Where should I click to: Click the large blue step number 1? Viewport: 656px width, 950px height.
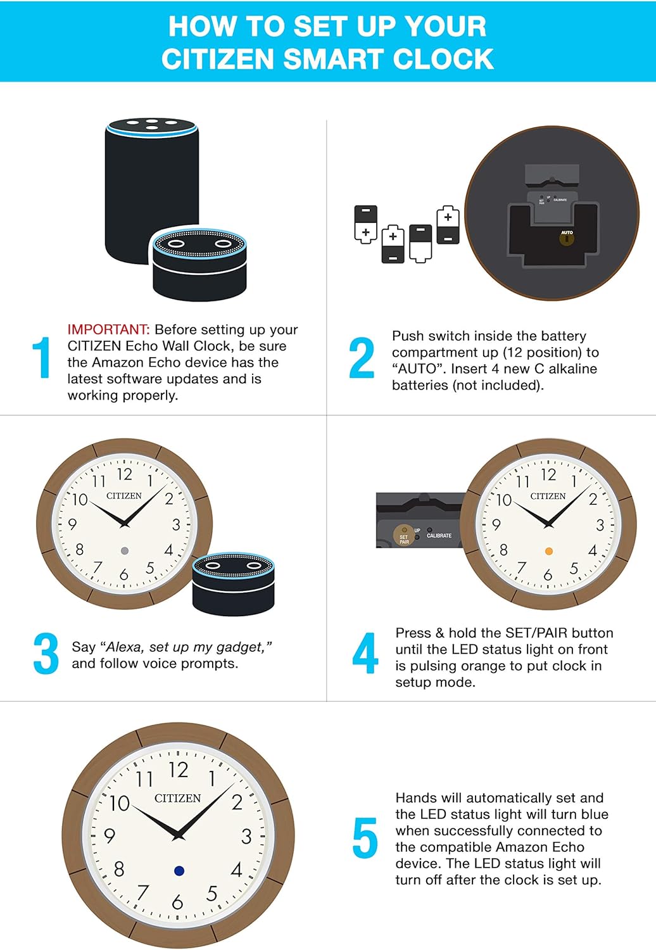coord(42,358)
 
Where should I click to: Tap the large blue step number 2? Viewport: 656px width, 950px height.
coord(362,358)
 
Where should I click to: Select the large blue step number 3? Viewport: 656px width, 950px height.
coord(46,654)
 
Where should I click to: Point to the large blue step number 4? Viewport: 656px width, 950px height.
coord(365,654)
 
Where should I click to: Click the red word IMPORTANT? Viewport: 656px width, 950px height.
coord(108,330)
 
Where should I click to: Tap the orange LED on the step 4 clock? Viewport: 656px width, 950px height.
coord(549,552)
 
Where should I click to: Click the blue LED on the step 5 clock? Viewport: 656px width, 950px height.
coord(179,871)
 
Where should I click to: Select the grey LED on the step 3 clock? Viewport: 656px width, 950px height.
coord(125,551)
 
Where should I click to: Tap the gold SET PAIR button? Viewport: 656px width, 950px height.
coord(403,536)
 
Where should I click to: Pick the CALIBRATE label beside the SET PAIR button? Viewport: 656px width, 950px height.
coord(439,536)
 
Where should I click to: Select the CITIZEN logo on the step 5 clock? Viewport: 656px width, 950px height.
coord(177,799)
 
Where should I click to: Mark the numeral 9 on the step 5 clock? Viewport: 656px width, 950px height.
coord(110,836)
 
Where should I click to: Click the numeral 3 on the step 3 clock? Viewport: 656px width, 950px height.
coord(176,524)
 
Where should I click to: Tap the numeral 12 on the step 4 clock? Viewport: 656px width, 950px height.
coord(548,474)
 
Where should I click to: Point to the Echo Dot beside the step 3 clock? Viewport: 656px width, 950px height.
coord(233,584)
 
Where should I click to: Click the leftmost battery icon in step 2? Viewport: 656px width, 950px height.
coord(365,224)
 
